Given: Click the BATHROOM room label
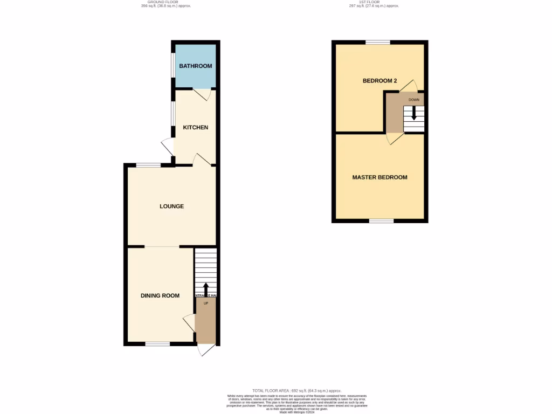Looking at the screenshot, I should tap(196, 66).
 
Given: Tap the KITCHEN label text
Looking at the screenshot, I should tap(196, 128).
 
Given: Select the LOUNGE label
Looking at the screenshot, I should tap(171, 206).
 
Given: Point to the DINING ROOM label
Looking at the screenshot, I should tap(160, 295).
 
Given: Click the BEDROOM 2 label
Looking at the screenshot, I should tap(379, 81).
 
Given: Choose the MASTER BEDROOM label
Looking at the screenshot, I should tap(379, 177).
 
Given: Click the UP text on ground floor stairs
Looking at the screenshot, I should tap(205, 303).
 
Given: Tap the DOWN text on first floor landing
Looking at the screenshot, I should tap(414, 100).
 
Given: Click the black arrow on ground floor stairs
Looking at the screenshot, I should tap(205, 289).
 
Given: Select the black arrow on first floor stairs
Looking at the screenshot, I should tap(414, 113).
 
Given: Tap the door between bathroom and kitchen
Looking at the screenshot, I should tap(202, 94).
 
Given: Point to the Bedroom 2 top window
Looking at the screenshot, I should tap(378, 42).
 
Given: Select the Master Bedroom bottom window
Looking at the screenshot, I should tap(381, 220).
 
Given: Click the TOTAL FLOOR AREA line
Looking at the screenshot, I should tap(296, 390).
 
